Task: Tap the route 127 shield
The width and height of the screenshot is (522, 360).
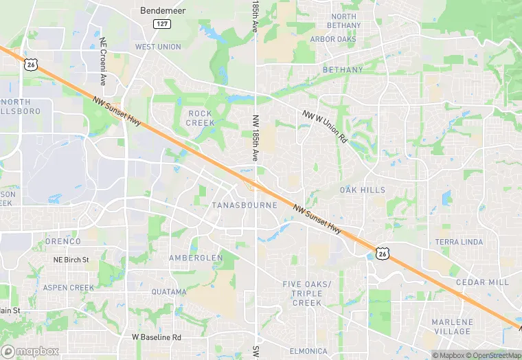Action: coord(161,24)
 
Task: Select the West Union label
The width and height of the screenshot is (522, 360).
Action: coord(158,47)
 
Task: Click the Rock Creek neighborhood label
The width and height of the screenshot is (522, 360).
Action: coord(201,118)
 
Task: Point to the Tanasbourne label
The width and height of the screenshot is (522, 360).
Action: coord(245,205)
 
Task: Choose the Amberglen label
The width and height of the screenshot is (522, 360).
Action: coord(196,258)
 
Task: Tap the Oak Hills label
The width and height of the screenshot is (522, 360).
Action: coord(362,190)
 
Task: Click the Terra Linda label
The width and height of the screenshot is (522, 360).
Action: coord(459,242)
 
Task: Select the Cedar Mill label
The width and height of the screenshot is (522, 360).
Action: coord(483,282)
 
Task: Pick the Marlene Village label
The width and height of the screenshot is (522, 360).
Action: coord(452,326)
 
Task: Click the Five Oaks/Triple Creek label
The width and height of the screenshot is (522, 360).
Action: coord(306,293)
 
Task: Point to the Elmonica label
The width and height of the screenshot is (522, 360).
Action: coord(308,351)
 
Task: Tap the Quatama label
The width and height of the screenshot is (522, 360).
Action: coord(169,292)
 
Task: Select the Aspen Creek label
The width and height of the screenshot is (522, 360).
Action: coord(68,287)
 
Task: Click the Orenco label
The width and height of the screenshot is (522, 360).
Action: coord(63,241)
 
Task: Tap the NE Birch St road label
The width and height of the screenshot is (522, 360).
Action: coord(71,260)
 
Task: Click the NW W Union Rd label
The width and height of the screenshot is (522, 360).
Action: coord(326,126)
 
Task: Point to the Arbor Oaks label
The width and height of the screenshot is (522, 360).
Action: coord(332,39)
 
